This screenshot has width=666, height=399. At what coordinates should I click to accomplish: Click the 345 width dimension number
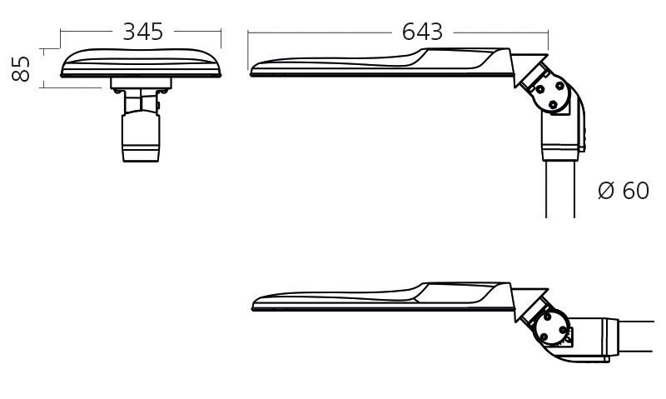tap(142, 32)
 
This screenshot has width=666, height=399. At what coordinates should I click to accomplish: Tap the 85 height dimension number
tap(20, 68)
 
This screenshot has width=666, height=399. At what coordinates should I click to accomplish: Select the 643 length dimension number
tap(422, 32)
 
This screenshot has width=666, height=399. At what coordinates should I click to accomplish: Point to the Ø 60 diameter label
tap(624, 191)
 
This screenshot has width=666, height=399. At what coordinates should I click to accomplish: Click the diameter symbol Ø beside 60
tap(606, 191)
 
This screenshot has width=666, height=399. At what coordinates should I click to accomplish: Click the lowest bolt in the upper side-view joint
tap(553, 105)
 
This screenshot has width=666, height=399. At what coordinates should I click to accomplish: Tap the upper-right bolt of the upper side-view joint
tap(559, 86)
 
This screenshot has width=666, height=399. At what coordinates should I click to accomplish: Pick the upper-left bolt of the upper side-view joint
tap(539, 90)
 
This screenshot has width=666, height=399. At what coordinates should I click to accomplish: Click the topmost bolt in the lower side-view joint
tap(547, 317)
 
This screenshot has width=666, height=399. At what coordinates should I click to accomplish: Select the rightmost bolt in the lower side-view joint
tap(564, 330)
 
